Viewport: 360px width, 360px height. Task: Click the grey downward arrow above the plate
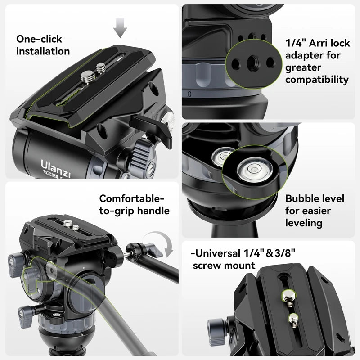pyautogui.click(x=120, y=27)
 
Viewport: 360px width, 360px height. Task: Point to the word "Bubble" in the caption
pyautogui.click(x=302, y=199)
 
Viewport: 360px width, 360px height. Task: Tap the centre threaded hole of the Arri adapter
pyautogui.click(x=250, y=62)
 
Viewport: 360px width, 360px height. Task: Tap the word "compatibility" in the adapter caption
pyautogui.click(x=317, y=80)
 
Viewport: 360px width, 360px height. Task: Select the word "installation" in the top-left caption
pyautogui.click(x=43, y=51)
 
